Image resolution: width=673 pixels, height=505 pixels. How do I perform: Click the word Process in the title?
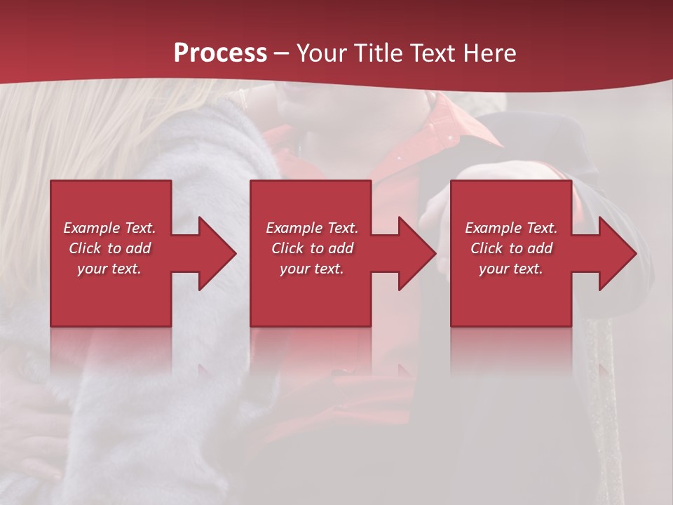tap(220, 53)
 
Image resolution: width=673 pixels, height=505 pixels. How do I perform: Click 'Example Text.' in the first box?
tap(109, 228)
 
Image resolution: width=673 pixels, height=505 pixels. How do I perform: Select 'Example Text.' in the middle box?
tap(312, 228)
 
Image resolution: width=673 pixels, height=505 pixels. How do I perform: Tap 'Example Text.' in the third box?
tap(511, 228)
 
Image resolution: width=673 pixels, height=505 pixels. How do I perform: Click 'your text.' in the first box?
tap(109, 269)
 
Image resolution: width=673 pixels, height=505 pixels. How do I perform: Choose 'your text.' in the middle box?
tap(312, 269)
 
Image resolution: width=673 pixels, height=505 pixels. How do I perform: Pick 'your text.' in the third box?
tap(511, 269)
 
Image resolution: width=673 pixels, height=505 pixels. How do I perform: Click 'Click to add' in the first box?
tap(109, 248)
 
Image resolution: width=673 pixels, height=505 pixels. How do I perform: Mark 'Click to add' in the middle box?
tap(312, 248)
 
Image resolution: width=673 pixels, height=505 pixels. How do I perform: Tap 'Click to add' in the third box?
tap(511, 248)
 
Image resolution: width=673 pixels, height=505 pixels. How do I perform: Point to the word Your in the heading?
tap(320, 53)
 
